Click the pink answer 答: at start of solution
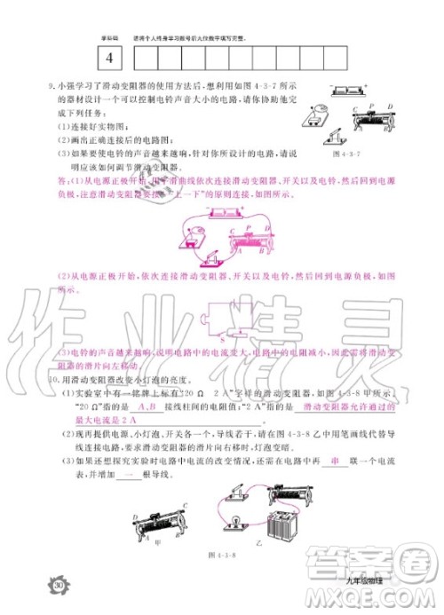pyautogui.click(x=62, y=181)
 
